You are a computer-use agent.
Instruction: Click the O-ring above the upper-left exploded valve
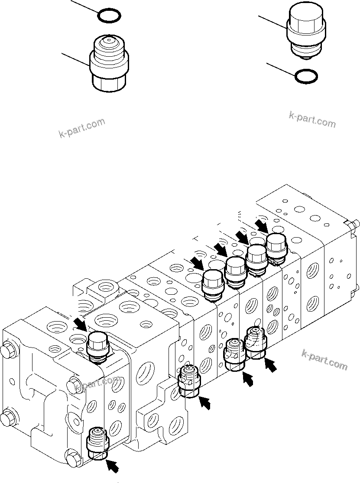click(x=109, y=16)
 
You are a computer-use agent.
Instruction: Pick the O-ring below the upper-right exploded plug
click(x=306, y=76)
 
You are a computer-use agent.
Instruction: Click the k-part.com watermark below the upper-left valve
click(x=81, y=128)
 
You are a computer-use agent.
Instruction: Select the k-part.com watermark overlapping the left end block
click(x=97, y=383)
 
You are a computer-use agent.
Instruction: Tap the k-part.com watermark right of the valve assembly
click(x=324, y=360)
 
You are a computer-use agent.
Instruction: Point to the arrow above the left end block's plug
click(x=80, y=323)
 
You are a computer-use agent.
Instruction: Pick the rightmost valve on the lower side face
click(x=256, y=342)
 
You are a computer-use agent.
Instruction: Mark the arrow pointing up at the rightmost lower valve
click(x=270, y=365)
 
